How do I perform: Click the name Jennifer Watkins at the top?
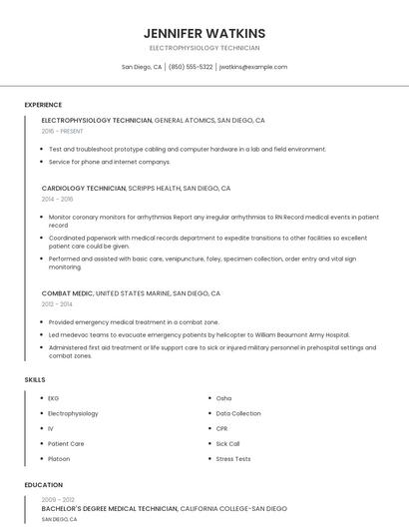point(204,33)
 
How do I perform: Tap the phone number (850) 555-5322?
point(191,67)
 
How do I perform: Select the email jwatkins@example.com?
point(253,67)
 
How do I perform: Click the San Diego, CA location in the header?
point(142,67)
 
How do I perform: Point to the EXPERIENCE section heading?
point(43,105)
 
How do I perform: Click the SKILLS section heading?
point(35,380)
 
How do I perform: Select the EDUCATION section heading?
point(43,485)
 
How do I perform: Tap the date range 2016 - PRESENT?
point(62,131)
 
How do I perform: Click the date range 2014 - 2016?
point(57,199)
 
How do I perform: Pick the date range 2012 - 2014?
point(57,304)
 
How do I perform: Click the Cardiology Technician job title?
point(84,188)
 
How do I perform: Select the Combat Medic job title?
point(68,293)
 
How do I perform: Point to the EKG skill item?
point(54,398)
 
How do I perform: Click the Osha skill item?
point(223,398)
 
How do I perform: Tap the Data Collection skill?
point(238,413)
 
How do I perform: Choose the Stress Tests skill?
point(233,459)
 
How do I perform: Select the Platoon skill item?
point(60,459)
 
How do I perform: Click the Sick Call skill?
point(228,443)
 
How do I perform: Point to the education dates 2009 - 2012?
point(58,499)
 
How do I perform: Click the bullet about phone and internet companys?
point(110,162)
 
